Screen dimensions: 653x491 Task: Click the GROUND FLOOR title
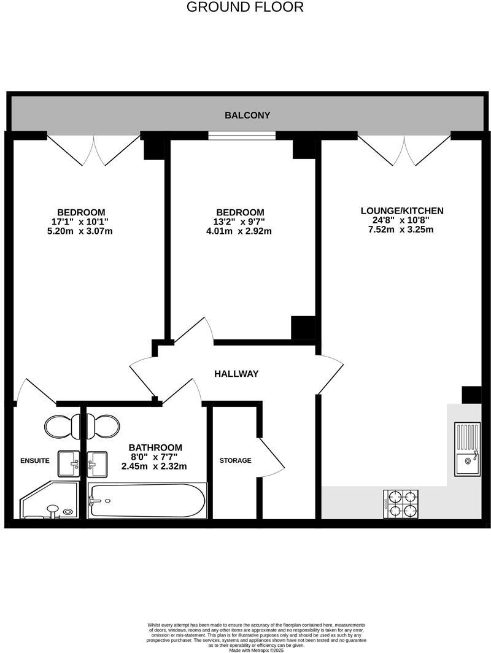coord(244,7)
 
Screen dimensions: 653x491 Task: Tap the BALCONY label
coord(247,115)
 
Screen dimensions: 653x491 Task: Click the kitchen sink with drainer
coord(468,449)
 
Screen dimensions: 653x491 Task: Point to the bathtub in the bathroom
coord(147,500)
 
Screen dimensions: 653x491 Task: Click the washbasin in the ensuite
coord(69,464)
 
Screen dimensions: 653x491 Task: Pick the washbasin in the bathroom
coord(97,464)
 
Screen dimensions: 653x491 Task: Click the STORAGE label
coord(236,460)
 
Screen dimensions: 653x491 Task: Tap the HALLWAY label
coord(236,374)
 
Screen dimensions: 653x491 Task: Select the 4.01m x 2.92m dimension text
coord(239,231)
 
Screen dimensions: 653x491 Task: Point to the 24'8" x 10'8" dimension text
coord(402,220)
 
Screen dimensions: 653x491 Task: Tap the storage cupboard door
coord(271,457)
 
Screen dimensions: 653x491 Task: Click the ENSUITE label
coord(35,460)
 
